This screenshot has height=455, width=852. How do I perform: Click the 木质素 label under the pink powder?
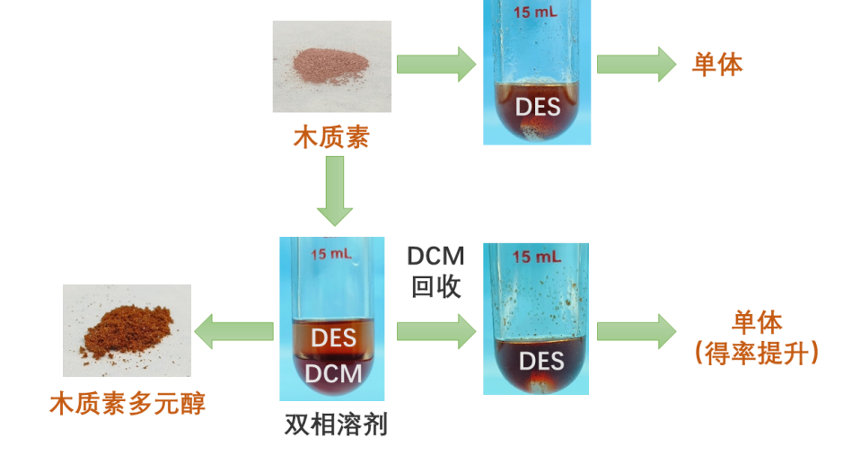point(331,138)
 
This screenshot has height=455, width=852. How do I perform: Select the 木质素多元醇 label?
point(127,405)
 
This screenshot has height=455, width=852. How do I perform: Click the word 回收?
point(436,286)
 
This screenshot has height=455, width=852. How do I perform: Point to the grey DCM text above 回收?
point(436,257)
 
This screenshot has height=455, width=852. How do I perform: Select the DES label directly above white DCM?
point(333,339)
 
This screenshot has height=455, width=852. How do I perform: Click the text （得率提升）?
point(758,353)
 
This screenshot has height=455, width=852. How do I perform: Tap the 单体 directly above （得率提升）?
point(758,322)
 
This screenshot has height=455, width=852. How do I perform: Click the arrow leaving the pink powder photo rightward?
point(436,65)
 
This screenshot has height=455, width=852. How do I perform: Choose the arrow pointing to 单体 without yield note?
point(637,65)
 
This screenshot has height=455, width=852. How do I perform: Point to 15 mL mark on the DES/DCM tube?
point(331,254)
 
